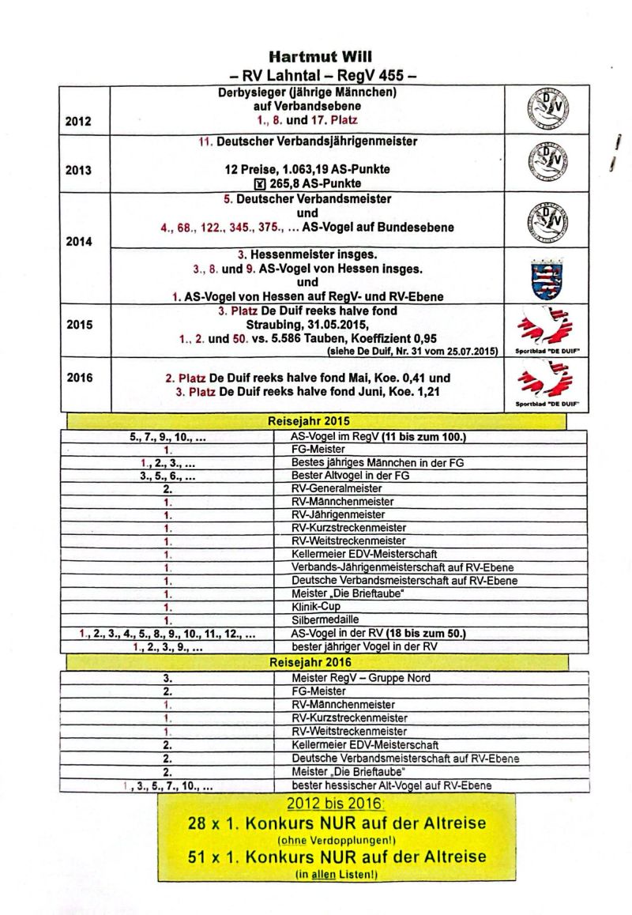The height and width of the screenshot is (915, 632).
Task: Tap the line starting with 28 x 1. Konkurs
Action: (337, 823)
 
